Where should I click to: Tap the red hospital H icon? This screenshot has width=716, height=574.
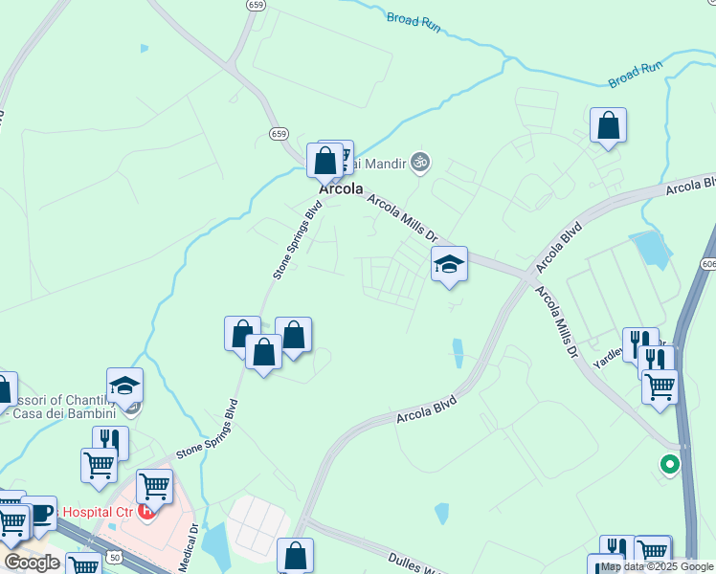point(146,511)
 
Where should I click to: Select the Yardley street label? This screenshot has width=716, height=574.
point(610,351)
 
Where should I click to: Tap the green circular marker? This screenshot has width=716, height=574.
point(669,465)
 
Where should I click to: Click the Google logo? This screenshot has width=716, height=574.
point(32,563)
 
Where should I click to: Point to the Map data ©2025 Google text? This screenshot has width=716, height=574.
point(657,566)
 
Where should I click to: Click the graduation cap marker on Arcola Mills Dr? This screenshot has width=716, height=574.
point(449,264)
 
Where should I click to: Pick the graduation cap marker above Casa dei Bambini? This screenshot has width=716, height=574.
point(124,386)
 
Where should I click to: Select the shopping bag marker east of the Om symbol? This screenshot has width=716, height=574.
point(608,125)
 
